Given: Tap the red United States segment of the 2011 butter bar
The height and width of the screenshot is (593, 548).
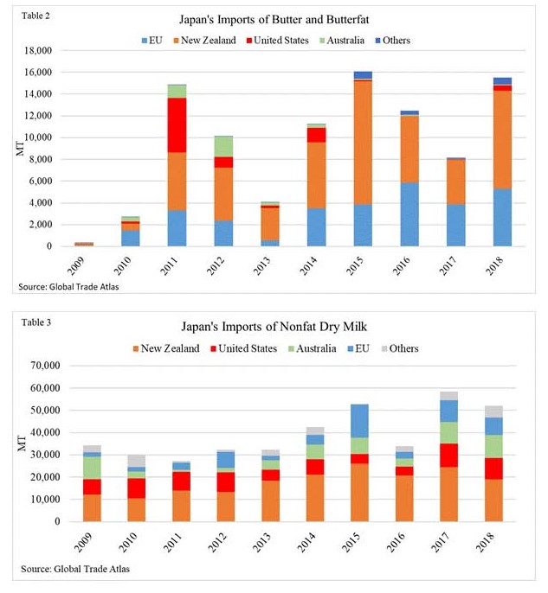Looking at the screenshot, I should (177, 125).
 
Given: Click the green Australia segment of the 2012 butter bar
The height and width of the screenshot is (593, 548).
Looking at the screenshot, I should (223, 146).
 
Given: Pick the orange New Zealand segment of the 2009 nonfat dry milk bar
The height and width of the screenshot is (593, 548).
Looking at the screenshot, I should (93, 508).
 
